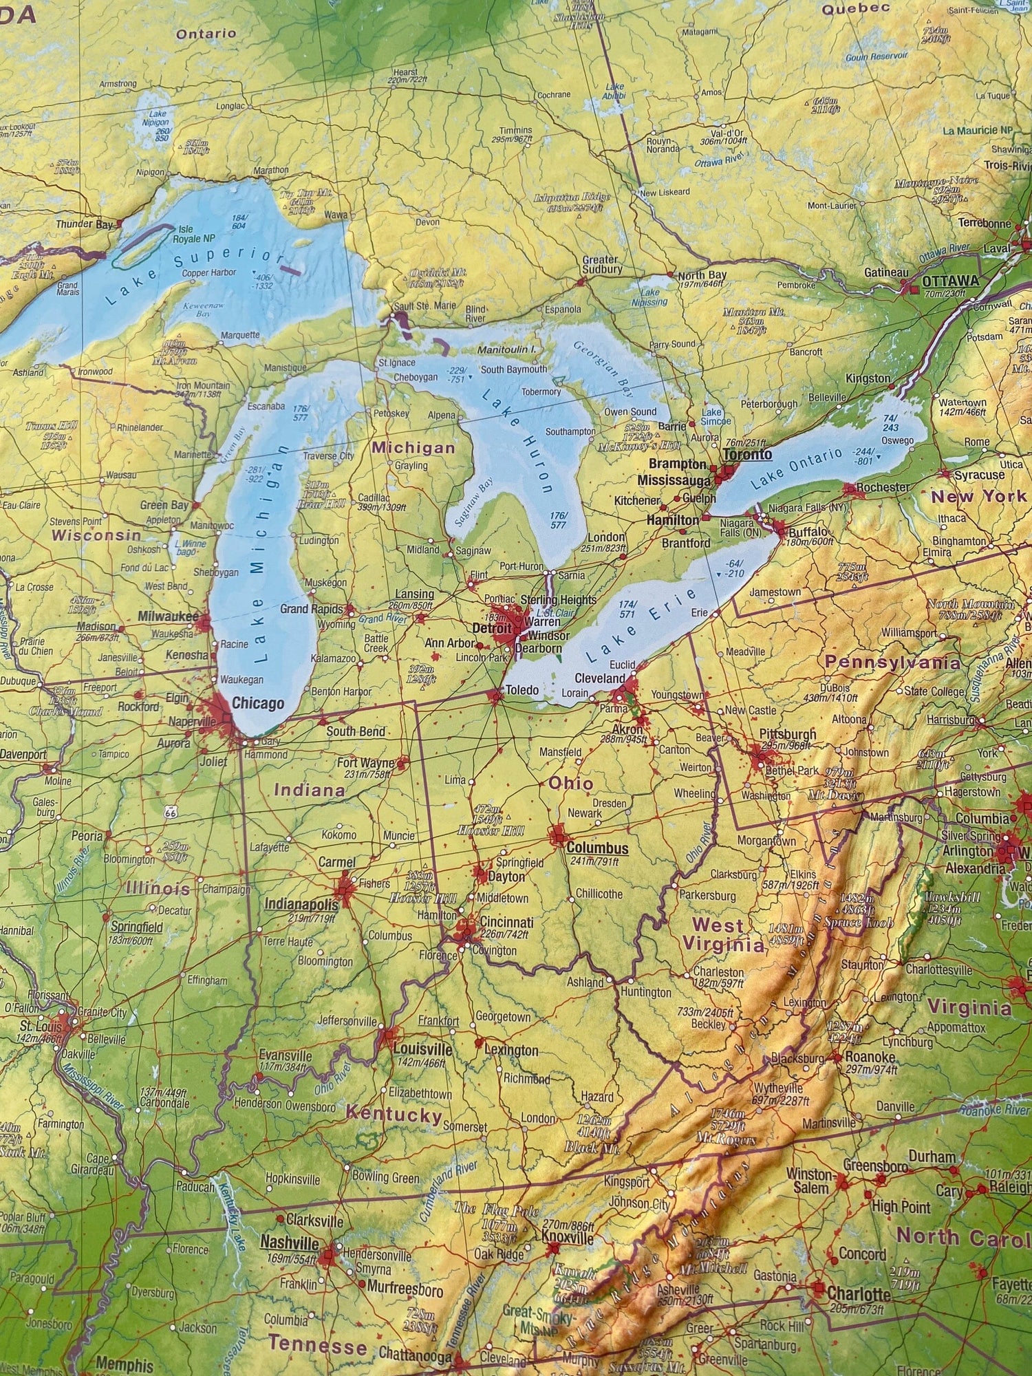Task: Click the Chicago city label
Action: tap(257, 703)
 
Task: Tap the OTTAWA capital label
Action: tap(949, 281)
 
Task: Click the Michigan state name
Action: tap(413, 448)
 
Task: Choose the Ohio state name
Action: tap(570, 783)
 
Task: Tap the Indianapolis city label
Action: tap(301, 904)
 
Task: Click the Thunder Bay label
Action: tap(84, 224)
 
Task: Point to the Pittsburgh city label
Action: tap(788, 734)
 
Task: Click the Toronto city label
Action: tap(747, 455)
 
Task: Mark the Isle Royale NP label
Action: tap(196, 234)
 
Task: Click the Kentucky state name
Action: tap(393, 1114)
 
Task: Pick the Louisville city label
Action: tap(422, 1049)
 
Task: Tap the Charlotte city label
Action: tap(859, 1293)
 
